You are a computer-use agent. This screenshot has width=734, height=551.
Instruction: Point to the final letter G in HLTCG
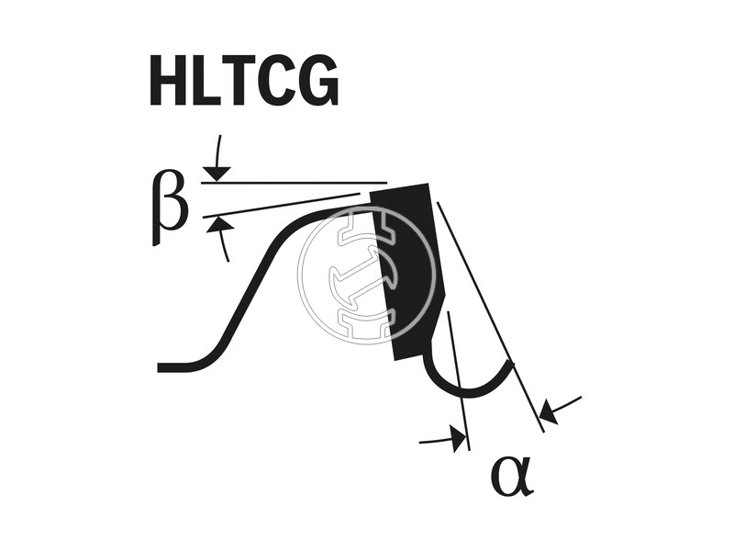coord(320,81)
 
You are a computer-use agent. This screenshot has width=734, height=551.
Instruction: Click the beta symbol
coord(170,209)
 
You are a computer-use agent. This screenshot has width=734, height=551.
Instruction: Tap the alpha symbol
coord(512,477)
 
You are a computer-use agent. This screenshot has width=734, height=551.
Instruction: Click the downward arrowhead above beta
coord(217,173)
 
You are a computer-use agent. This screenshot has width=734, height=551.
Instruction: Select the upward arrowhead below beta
coord(218,224)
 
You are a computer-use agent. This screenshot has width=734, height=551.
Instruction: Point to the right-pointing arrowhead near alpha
coord(458,438)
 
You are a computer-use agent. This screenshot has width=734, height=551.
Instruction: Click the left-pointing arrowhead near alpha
coord(548,412)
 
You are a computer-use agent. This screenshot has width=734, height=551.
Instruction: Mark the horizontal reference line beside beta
coord(295,182)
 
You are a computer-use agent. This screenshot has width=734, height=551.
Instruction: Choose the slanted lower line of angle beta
coord(281,205)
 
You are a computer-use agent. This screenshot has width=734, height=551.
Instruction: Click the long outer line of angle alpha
coord(490,317)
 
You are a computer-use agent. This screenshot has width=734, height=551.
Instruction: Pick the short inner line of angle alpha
coord(458,380)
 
